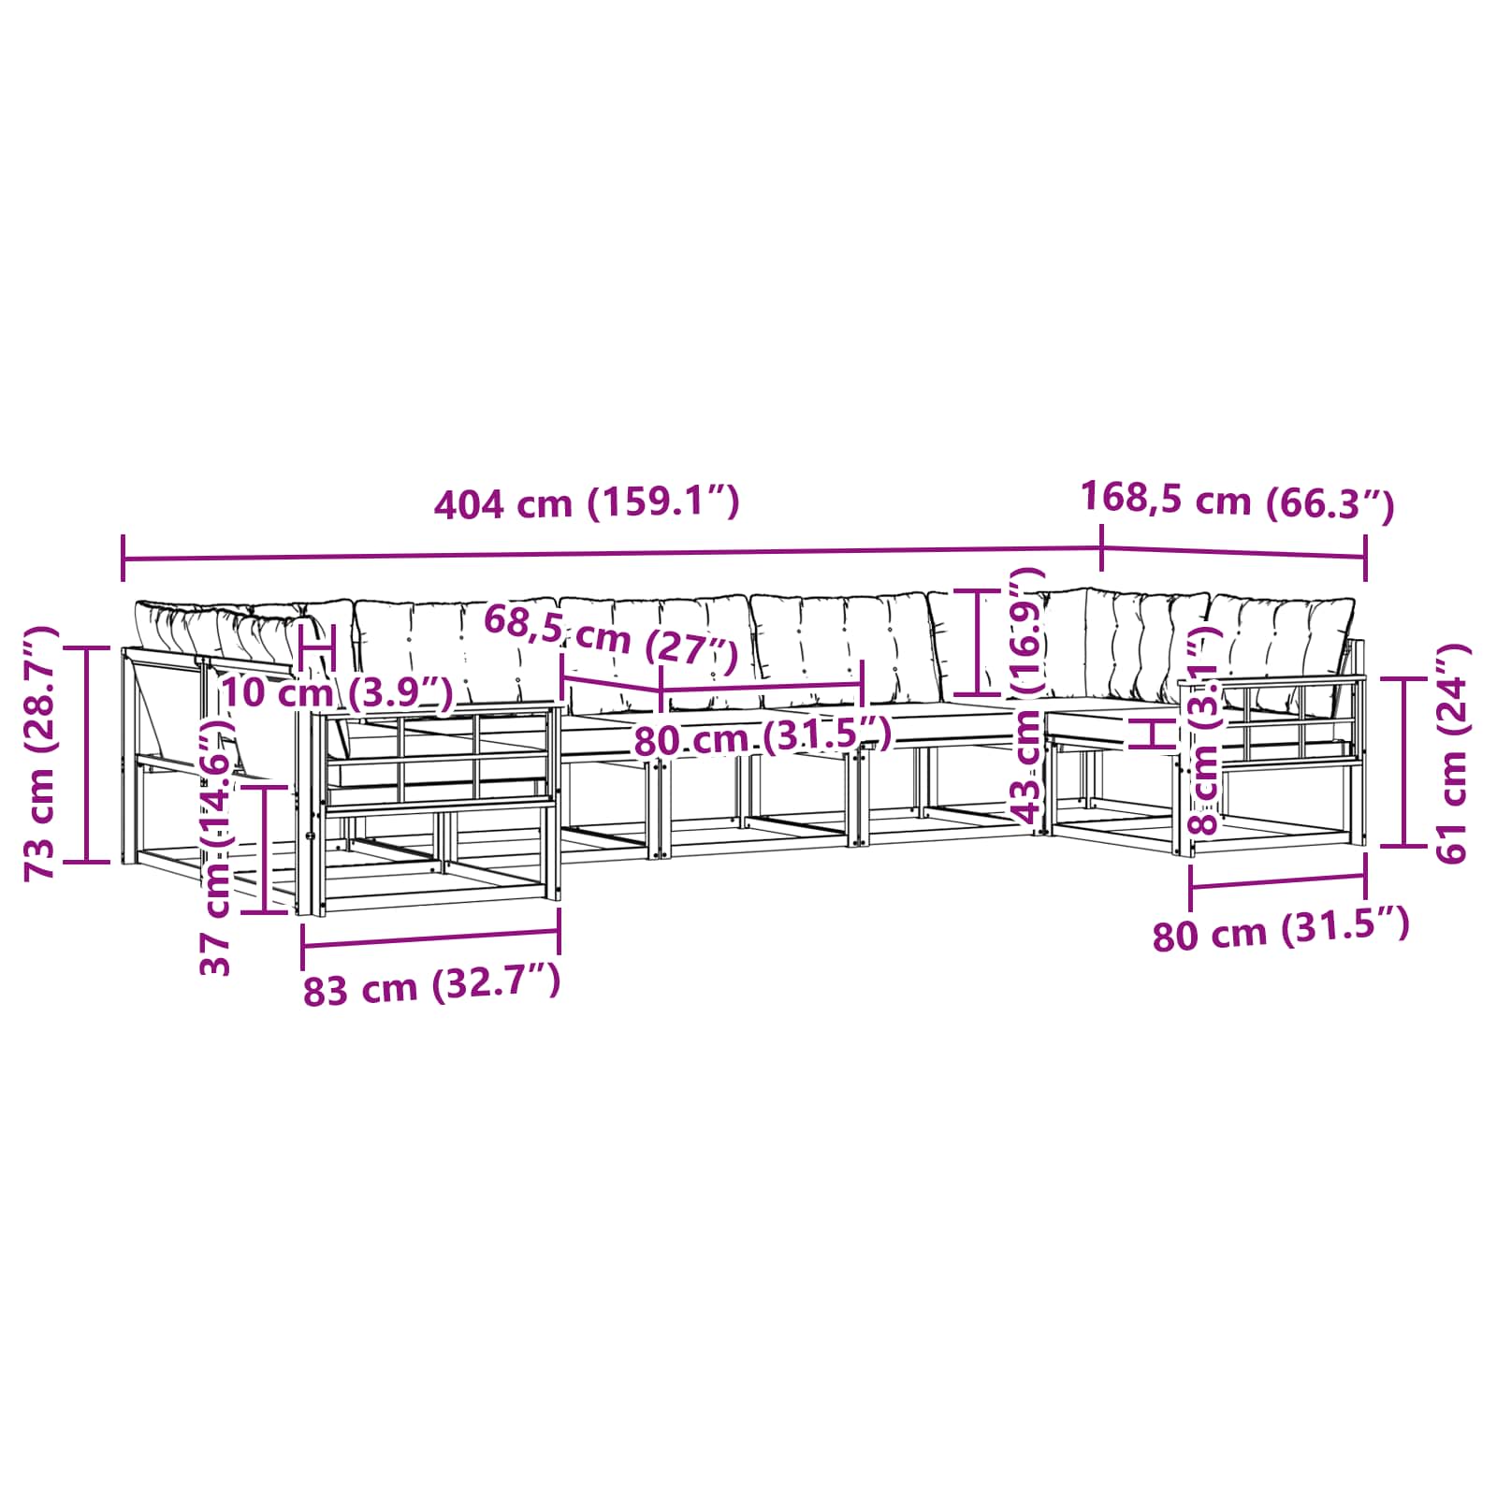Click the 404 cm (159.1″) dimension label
(587, 503)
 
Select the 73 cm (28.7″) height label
(41, 753)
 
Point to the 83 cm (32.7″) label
(431, 987)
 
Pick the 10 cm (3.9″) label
(338, 692)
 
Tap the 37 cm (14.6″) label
(216, 847)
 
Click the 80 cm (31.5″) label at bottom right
(1280, 930)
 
